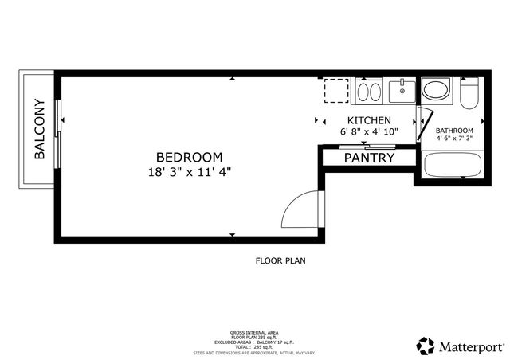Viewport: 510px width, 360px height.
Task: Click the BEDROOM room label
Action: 189,157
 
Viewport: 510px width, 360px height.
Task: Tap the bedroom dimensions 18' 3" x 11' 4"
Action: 189,171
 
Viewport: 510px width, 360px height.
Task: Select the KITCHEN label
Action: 368,120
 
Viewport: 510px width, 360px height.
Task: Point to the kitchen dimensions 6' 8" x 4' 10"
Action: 368,131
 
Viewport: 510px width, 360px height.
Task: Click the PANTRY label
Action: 369,158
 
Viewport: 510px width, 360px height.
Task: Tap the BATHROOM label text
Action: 454,131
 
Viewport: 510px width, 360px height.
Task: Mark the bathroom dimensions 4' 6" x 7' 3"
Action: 454,139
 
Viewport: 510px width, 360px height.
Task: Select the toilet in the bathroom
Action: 469,94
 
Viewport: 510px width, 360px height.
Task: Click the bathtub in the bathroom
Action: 452,166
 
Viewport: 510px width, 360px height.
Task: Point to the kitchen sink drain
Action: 403,91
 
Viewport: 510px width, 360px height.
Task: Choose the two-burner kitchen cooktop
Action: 368,92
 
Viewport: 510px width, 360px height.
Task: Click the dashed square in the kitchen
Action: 336,91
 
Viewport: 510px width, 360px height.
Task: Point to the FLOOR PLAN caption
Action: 280,260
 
